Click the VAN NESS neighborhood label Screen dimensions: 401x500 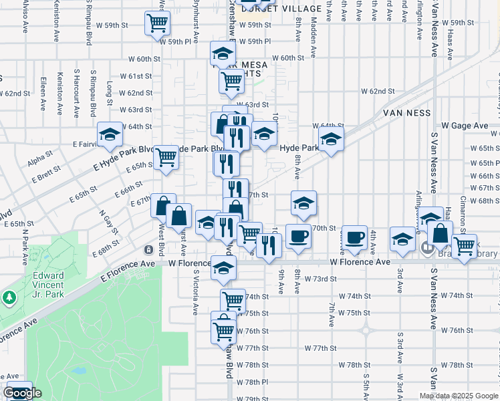(x=409, y=114)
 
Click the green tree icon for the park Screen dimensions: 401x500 (x=9, y=296)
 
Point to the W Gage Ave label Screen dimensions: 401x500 (x=465, y=126)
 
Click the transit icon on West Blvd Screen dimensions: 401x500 (x=148, y=249)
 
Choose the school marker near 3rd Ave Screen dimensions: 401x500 (x=402, y=239)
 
